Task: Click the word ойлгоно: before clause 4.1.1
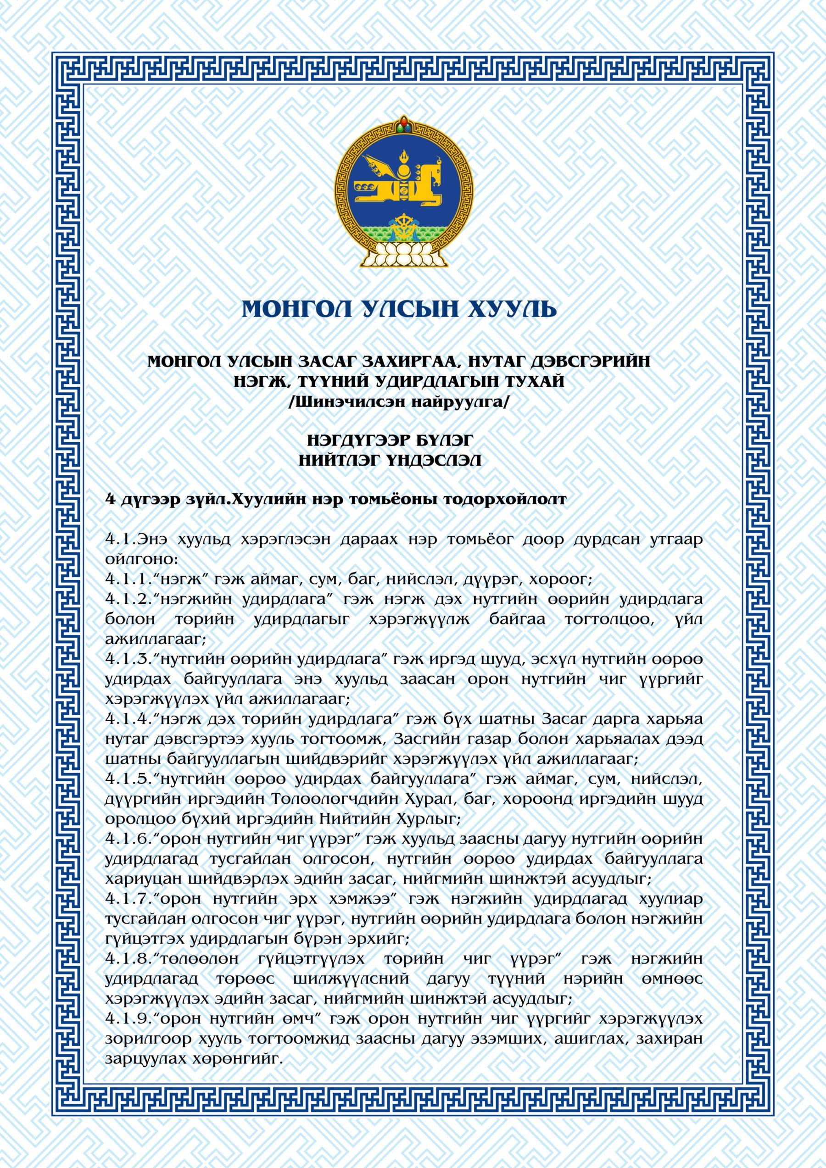(x=141, y=560)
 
